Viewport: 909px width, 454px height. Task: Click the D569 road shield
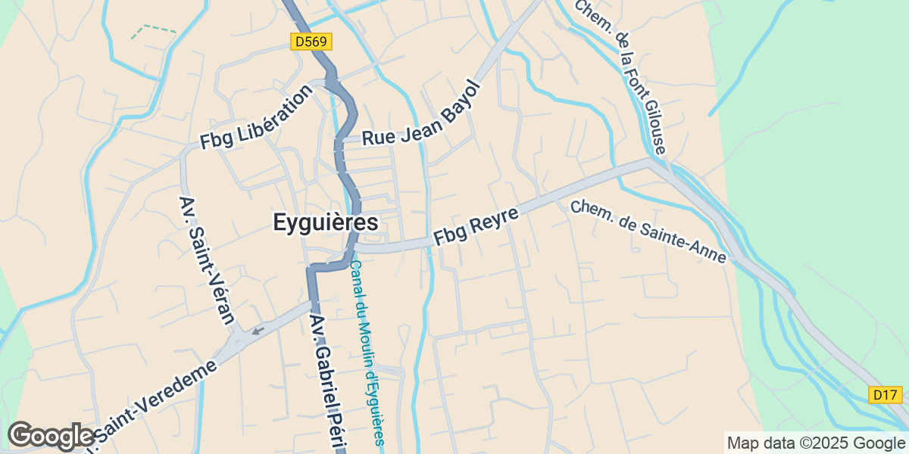pos(311,42)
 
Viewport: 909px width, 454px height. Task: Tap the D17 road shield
pos(884,394)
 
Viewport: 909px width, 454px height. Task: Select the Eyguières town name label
pos(325,222)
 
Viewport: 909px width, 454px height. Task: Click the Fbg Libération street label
pos(256,117)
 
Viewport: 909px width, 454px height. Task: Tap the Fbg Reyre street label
pos(476,225)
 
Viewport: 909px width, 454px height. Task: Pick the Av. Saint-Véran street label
pos(206,260)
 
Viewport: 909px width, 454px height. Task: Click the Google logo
pos(51,436)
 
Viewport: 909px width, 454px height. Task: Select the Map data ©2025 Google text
pos(816,443)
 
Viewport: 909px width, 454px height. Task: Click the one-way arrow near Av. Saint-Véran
pos(258,329)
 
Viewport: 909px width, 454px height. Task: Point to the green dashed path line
pos(152,30)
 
